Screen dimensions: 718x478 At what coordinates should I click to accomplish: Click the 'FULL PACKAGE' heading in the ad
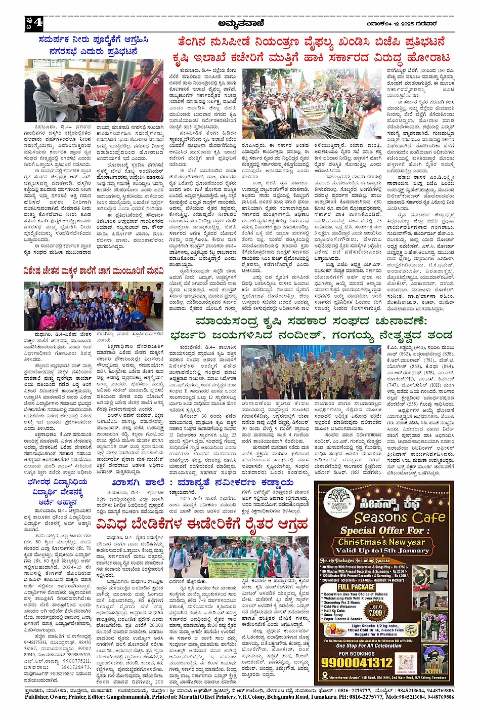pyautogui.click(x=356, y=587)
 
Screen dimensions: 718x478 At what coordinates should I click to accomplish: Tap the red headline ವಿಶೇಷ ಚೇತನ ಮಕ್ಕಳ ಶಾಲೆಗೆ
pyautogui.click(x=94, y=272)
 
